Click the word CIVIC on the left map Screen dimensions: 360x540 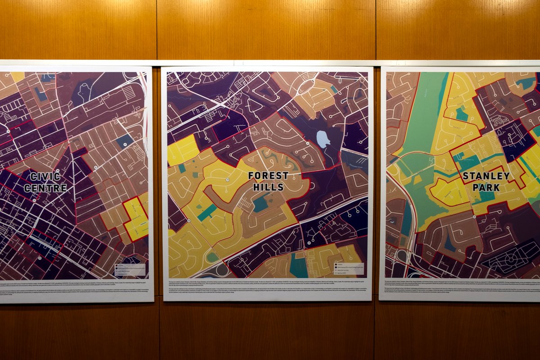(x=45, y=177)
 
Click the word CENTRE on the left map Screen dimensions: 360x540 (x=45, y=188)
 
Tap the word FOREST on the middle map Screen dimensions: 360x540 (x=268, y=176)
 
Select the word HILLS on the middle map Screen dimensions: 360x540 (x=268, y=187)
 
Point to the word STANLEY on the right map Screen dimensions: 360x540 (x=486, y=175)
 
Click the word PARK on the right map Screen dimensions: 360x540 (x=486, y=186)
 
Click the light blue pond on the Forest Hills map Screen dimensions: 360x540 (x=323, y=139)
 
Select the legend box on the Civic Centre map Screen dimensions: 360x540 (x=130, y=269)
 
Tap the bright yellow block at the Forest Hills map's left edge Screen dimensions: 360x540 (x=182, y=150)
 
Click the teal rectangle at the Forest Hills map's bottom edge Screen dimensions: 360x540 (x=299, y=265)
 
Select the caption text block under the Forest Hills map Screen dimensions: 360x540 (x=267, y=287)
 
